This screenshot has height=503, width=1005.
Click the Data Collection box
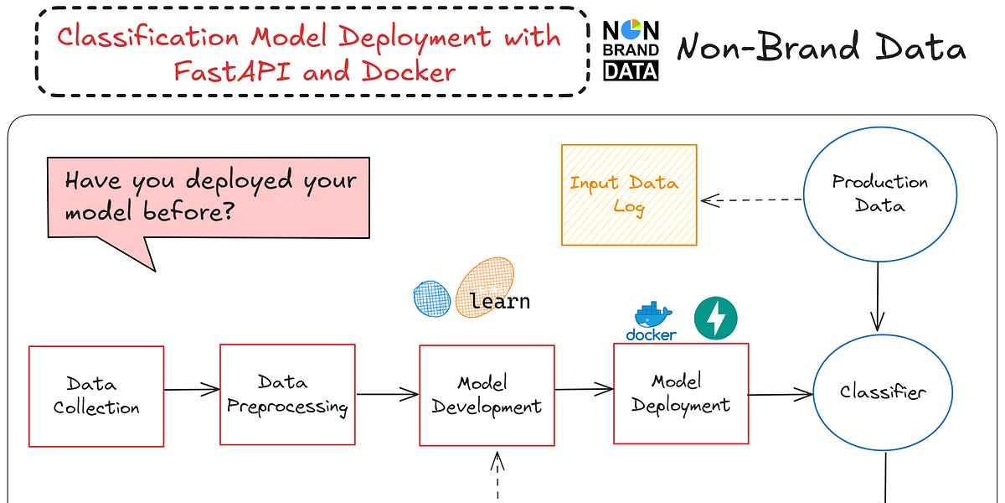pyautogui.click(x=96, y=396)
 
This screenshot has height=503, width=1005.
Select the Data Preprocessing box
pyautogui.click(x=287, y=394)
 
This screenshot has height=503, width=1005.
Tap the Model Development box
pyautogui.click(x=487, y=395)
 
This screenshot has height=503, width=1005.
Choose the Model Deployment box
pyautogui.click(x=681, y=393)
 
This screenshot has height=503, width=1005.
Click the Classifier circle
pyautogui.click(x=883, y=392)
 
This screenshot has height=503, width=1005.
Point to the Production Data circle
pyautogui.click(x=879, y=193)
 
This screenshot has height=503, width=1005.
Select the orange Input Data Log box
pyautogui.click(x=629, y=194)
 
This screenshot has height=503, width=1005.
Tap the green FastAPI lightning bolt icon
pyautogui.click(x=715, y=319)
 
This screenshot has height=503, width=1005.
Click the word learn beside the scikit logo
pyautogui.click(x=500, y=301)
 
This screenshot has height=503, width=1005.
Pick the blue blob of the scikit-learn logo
pyautogui.click(x=432, y=298)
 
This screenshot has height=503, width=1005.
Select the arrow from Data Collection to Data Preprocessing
pyautogui.click(x=192, y=389)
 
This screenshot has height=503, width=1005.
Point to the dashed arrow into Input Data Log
pyautogui.click(x=751, y=200)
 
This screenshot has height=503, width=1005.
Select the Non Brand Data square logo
pyautogui.click(x=631, y=50)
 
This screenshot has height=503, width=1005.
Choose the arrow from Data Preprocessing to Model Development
pyautogui.click(x=387, y=393)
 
